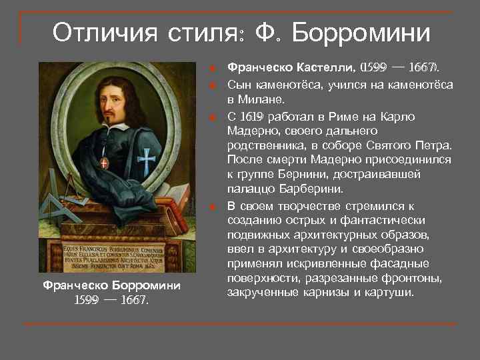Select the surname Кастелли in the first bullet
[323, 67]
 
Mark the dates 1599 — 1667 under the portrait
[111, 299]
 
